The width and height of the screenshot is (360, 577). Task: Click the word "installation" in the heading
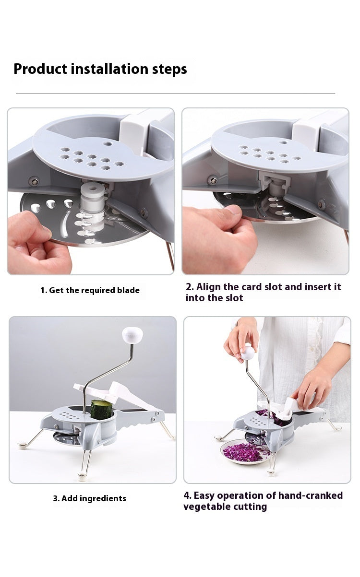pyautogui.click(x=109, y=69)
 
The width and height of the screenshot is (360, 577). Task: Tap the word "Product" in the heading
pyautogui.click(x=40, y=69)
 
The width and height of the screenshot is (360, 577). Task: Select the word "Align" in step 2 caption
pyautogui.click(x=208, y=287)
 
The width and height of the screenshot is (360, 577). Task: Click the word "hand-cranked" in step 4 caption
pyautogui.click(x=311, y=495)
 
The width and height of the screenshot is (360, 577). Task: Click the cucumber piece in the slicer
pyautogui.click(x=101, y=410)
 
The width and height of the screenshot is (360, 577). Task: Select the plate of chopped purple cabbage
pyautogui.click(x=245, y=452)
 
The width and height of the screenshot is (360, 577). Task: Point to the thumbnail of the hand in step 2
pyautogui.click(x=235, y=209)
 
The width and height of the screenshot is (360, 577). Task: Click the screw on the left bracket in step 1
pyautogui.click(x=34, y=181)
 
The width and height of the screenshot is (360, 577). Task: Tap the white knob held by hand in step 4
pyautogui.click(x=248, y=353)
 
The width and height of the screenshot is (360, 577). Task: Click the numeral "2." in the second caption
pyautogui.click(x=190, y=287)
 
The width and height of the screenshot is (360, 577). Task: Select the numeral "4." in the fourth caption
pyautogui.click(x=187, y=495)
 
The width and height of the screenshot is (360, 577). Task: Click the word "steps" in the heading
pyautogui.click(x=169, y=69)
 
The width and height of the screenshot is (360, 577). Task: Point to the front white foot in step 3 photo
pyautogui.click(x=82, y=476)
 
